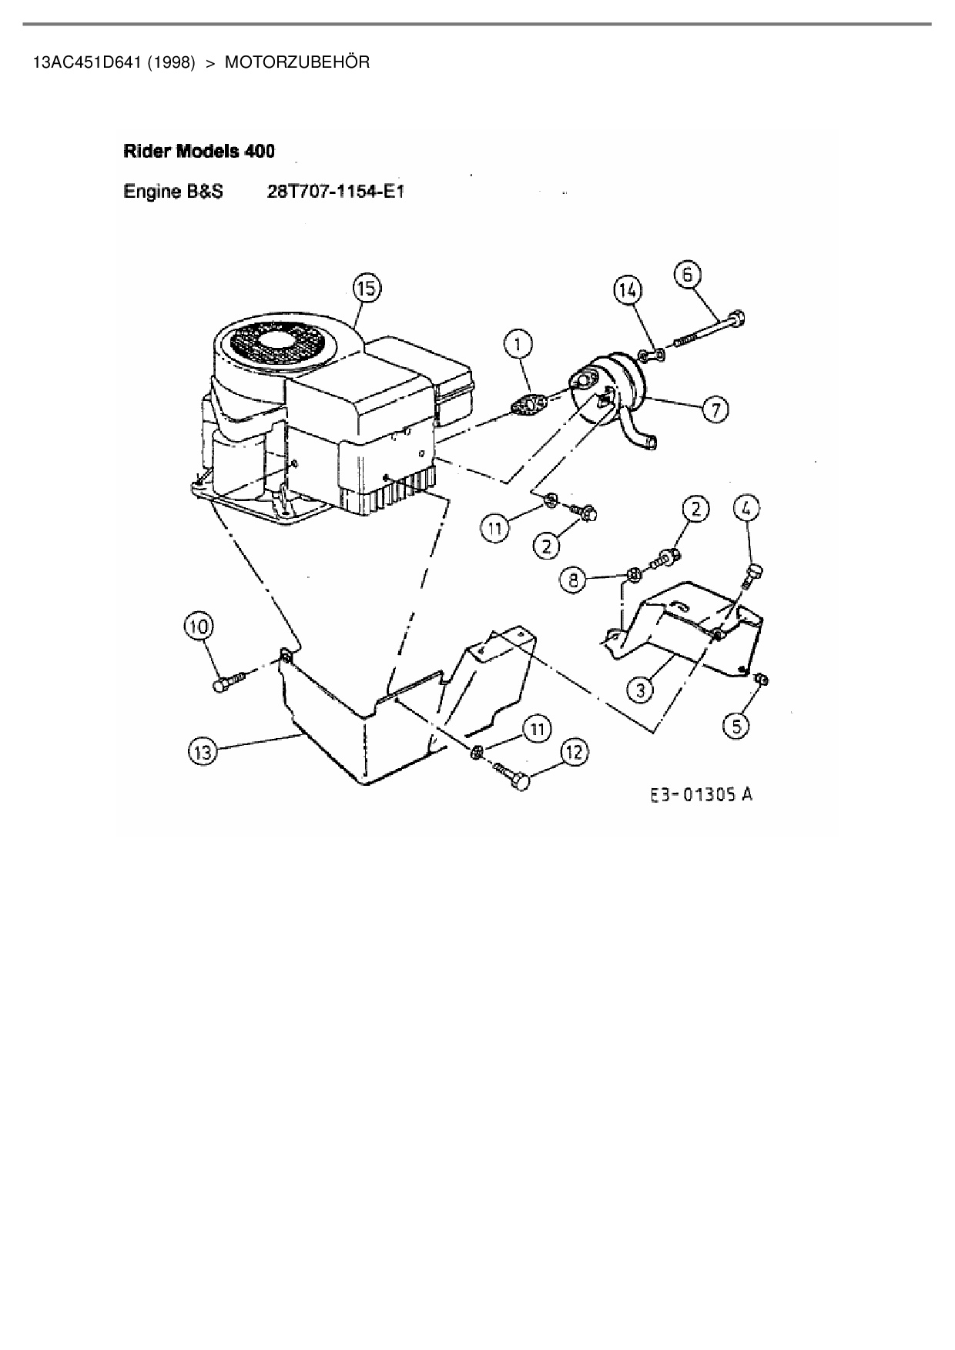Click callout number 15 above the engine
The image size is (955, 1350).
coord(367,289)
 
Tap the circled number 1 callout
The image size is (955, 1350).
coord(518,344)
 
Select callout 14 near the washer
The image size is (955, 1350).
coord(627,290)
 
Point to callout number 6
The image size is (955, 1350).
coord(688,274)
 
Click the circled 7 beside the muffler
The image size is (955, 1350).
coord(715,410)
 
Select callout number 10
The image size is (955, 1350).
coord(199,627)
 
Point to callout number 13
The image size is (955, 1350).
coord(202,752)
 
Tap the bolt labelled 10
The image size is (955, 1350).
coord(229,682)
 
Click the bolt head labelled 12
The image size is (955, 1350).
coord(521,783)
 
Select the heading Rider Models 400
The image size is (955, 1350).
coord(199,151)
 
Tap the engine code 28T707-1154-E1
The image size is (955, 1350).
coord(335,192)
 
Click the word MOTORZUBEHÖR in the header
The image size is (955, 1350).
coord(297,62)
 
